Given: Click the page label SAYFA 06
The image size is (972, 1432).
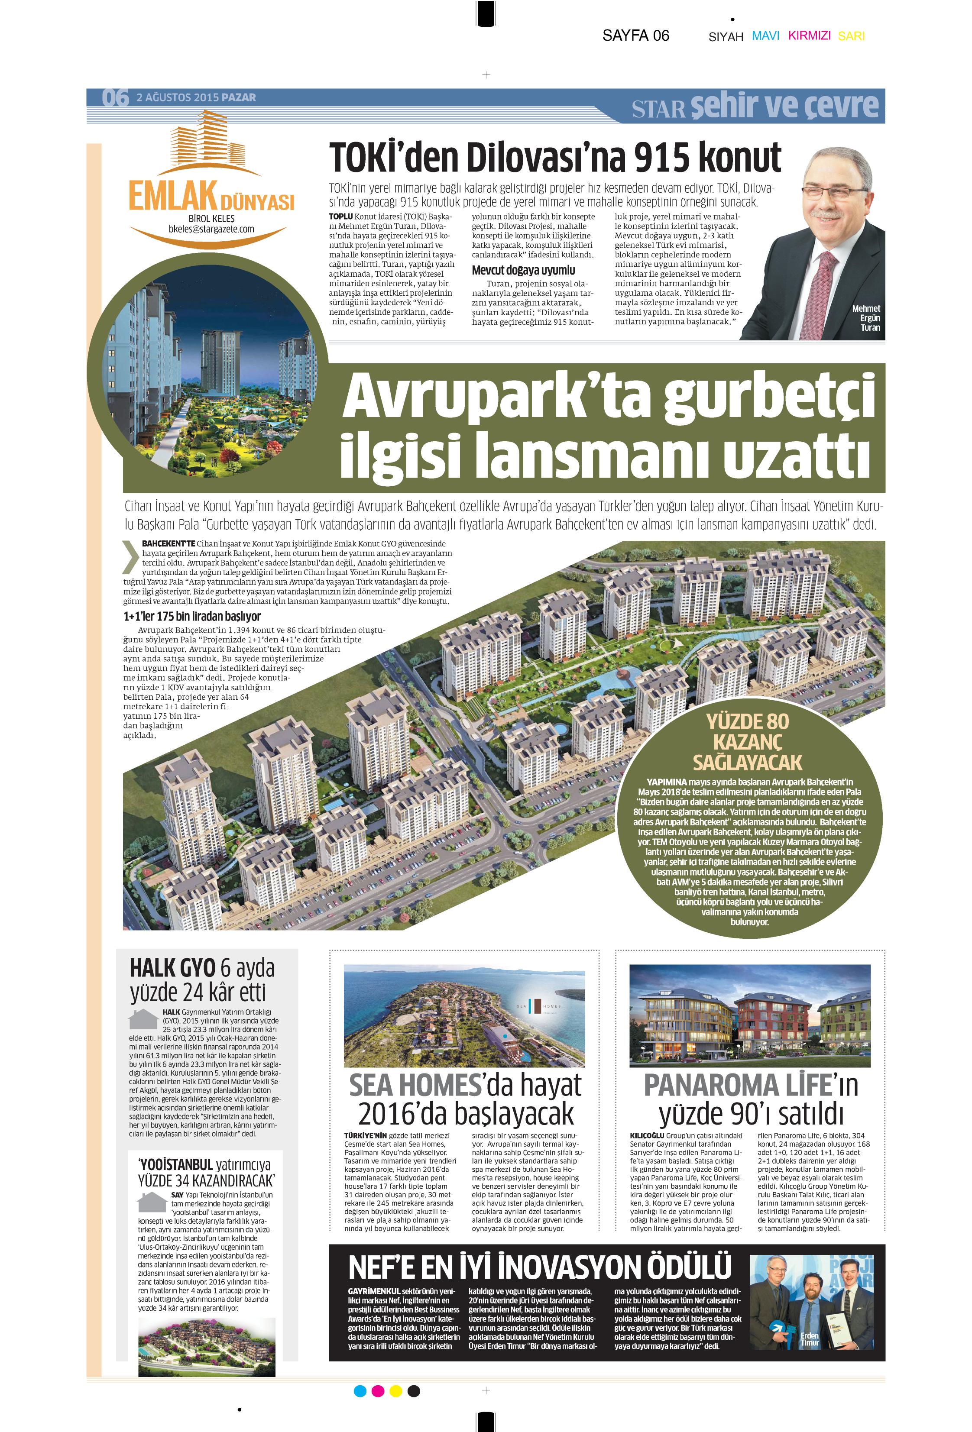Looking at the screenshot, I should pyautogui.click(x=635, y=36).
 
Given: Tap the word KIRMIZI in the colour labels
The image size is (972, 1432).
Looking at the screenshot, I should pyautogui.click(x=809, y=36).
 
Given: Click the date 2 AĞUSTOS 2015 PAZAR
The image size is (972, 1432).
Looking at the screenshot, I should pyautogui.click(x=196, y=97).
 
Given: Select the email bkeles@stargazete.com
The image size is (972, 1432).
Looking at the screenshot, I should pyautogui.click(x=211, y=229).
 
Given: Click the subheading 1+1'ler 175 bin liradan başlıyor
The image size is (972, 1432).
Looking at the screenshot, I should pyautogui.click(x=192, y=616).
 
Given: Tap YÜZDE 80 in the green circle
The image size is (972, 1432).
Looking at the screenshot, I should pyautogui.click(x=747, y=721).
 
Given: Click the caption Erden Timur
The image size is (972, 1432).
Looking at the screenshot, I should pyautogui.click(x=809, y=1339).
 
